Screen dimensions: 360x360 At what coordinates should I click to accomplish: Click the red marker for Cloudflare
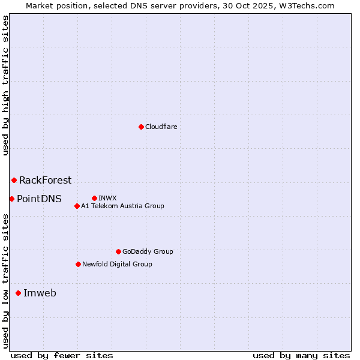point(141,127)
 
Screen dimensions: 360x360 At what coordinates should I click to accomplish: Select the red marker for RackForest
point(14,180)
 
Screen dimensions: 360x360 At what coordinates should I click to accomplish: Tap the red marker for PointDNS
point(11,199)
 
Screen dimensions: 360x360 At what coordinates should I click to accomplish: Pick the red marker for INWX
point(94,198)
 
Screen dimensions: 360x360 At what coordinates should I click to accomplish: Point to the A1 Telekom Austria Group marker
point(77,206)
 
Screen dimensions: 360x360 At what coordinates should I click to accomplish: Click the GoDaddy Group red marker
point(118,251)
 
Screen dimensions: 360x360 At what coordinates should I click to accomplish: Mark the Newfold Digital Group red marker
point(78,264)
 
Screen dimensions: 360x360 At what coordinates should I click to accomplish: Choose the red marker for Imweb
point(18,293)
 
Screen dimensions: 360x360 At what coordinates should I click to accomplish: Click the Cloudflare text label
point(161,127)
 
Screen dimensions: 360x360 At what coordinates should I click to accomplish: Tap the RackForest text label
point(45,180)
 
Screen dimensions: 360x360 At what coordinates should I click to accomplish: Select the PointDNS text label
point(39,199)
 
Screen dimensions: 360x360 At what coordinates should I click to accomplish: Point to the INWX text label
point(107,198)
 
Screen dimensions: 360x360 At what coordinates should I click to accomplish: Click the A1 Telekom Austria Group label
point(122,206)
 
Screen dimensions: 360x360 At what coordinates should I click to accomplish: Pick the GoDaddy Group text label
point(148,251)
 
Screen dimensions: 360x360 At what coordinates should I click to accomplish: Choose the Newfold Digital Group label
point(117,264)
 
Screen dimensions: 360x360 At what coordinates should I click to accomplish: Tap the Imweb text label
point(40,293)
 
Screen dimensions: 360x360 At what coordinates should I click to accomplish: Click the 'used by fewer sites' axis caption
point(62,355)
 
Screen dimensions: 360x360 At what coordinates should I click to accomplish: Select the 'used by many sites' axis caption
point(301,355)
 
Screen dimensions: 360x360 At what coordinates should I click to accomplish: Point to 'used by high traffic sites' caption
point(5,85)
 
